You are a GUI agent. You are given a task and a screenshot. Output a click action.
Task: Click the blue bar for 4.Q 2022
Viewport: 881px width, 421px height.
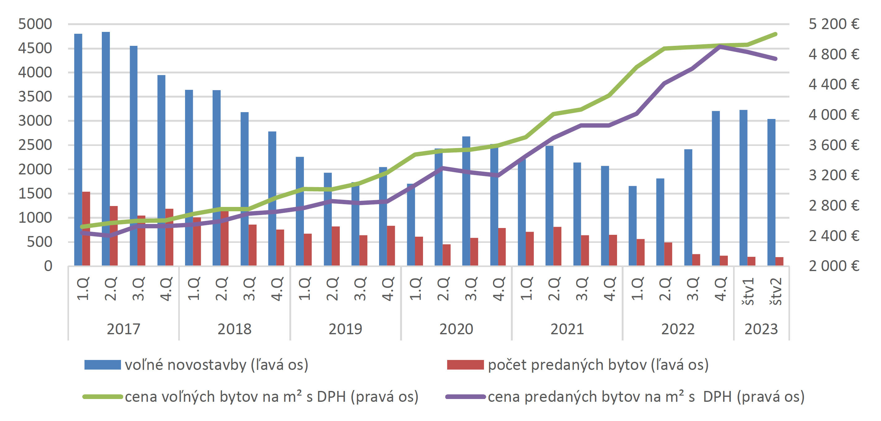[716, 188]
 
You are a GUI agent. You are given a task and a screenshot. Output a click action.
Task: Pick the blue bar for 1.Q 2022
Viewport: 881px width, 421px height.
[633, 226]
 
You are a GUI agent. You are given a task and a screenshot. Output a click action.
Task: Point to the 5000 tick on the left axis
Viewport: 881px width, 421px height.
[35, 24]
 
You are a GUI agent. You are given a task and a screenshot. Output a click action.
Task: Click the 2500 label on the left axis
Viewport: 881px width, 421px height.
[35, 145]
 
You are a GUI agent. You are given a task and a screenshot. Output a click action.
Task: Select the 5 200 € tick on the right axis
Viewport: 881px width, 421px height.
[834, 24]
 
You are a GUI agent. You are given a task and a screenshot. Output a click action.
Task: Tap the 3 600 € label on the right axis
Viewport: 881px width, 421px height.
[834, 145]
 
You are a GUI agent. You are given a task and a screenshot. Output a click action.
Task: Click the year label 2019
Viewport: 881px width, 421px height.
[345, 329]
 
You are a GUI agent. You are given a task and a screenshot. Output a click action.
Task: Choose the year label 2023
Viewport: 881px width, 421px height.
[761, 329]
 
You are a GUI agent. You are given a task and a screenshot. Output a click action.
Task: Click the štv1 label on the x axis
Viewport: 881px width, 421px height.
[748, 291]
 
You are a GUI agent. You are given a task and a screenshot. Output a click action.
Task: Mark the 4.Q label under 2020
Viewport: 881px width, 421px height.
[499, 289]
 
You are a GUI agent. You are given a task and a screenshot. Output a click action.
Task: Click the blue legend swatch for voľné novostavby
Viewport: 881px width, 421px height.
[103, 365]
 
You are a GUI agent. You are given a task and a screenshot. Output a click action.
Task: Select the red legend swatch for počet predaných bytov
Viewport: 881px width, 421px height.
[465, 365]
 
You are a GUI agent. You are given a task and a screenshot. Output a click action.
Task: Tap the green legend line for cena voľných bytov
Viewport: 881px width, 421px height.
[103, 397]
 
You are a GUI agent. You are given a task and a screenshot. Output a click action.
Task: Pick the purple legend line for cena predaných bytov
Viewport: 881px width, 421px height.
[465, 397]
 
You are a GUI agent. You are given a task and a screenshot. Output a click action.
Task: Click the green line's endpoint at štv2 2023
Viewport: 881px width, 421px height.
[775, 34]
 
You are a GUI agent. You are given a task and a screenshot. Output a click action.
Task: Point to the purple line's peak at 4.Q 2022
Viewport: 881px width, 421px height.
[720, 46]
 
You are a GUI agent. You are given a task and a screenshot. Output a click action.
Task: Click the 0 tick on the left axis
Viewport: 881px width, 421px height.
[48, 266]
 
